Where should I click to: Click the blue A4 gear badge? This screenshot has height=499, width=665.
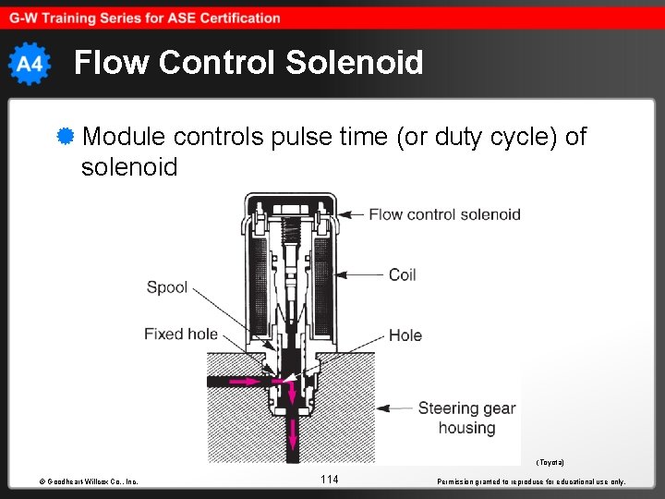pos(30,63)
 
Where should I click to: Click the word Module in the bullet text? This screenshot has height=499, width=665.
pos(123,137)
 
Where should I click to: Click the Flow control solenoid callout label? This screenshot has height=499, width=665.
pos(444,214)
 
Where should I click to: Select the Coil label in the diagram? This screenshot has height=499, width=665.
pos(402,274)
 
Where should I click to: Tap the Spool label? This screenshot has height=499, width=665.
pos(167,286)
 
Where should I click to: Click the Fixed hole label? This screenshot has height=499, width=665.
pos(181,334)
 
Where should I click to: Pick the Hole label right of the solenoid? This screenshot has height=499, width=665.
pos(405,335)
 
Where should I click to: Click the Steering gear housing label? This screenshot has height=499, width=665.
pos(466,418)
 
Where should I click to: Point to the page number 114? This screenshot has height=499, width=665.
pos(330,479)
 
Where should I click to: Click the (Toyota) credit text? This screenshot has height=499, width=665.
pos(550,461)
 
